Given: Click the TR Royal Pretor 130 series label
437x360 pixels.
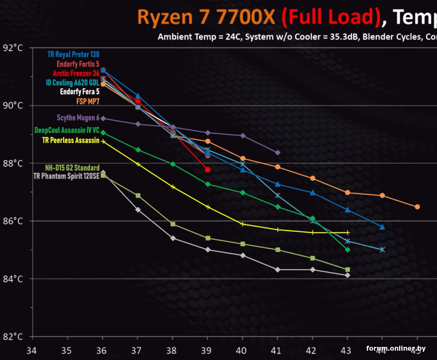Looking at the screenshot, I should coord(73,54).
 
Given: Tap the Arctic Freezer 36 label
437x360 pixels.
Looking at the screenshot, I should coord(76,73).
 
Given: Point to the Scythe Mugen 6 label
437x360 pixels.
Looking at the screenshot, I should coord(78,118).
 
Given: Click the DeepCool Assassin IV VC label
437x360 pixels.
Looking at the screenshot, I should coord(67,130).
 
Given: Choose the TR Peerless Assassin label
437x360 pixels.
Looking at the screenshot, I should coord(71,140).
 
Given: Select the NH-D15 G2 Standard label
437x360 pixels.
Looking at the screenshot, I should coord(72,168).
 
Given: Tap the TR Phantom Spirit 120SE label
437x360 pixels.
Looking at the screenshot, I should coord(66,176).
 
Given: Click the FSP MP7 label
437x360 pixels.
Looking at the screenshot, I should coord(88,101).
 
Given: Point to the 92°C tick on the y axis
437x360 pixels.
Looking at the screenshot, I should coord(12,48).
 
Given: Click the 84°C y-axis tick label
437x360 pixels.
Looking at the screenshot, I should coord(12,279).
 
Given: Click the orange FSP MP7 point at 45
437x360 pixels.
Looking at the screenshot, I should coord(417,207).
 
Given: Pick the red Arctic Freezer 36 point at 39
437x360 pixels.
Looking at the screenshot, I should coord(208,170).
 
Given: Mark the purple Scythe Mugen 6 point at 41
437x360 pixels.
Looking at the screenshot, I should coord(277,152).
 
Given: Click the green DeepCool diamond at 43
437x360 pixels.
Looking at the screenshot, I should coord(348,249).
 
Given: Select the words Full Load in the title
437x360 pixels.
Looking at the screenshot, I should coord(331,18).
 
